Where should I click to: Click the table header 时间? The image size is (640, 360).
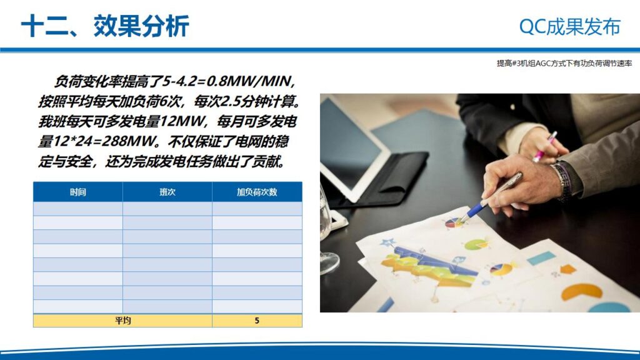[x=78, y=192]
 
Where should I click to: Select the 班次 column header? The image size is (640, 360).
[x=167, y=192]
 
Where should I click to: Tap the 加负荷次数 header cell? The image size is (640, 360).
[x=257, y=192]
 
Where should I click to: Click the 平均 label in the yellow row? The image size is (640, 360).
[x=122, y=321]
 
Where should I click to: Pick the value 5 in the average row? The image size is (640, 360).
[x=257, y=321]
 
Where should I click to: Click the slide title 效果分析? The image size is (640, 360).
[x=141, y=26]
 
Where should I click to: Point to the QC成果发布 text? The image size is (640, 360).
[x=569, y=26]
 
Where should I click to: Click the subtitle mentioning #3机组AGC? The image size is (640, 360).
[x=564, y=63]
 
